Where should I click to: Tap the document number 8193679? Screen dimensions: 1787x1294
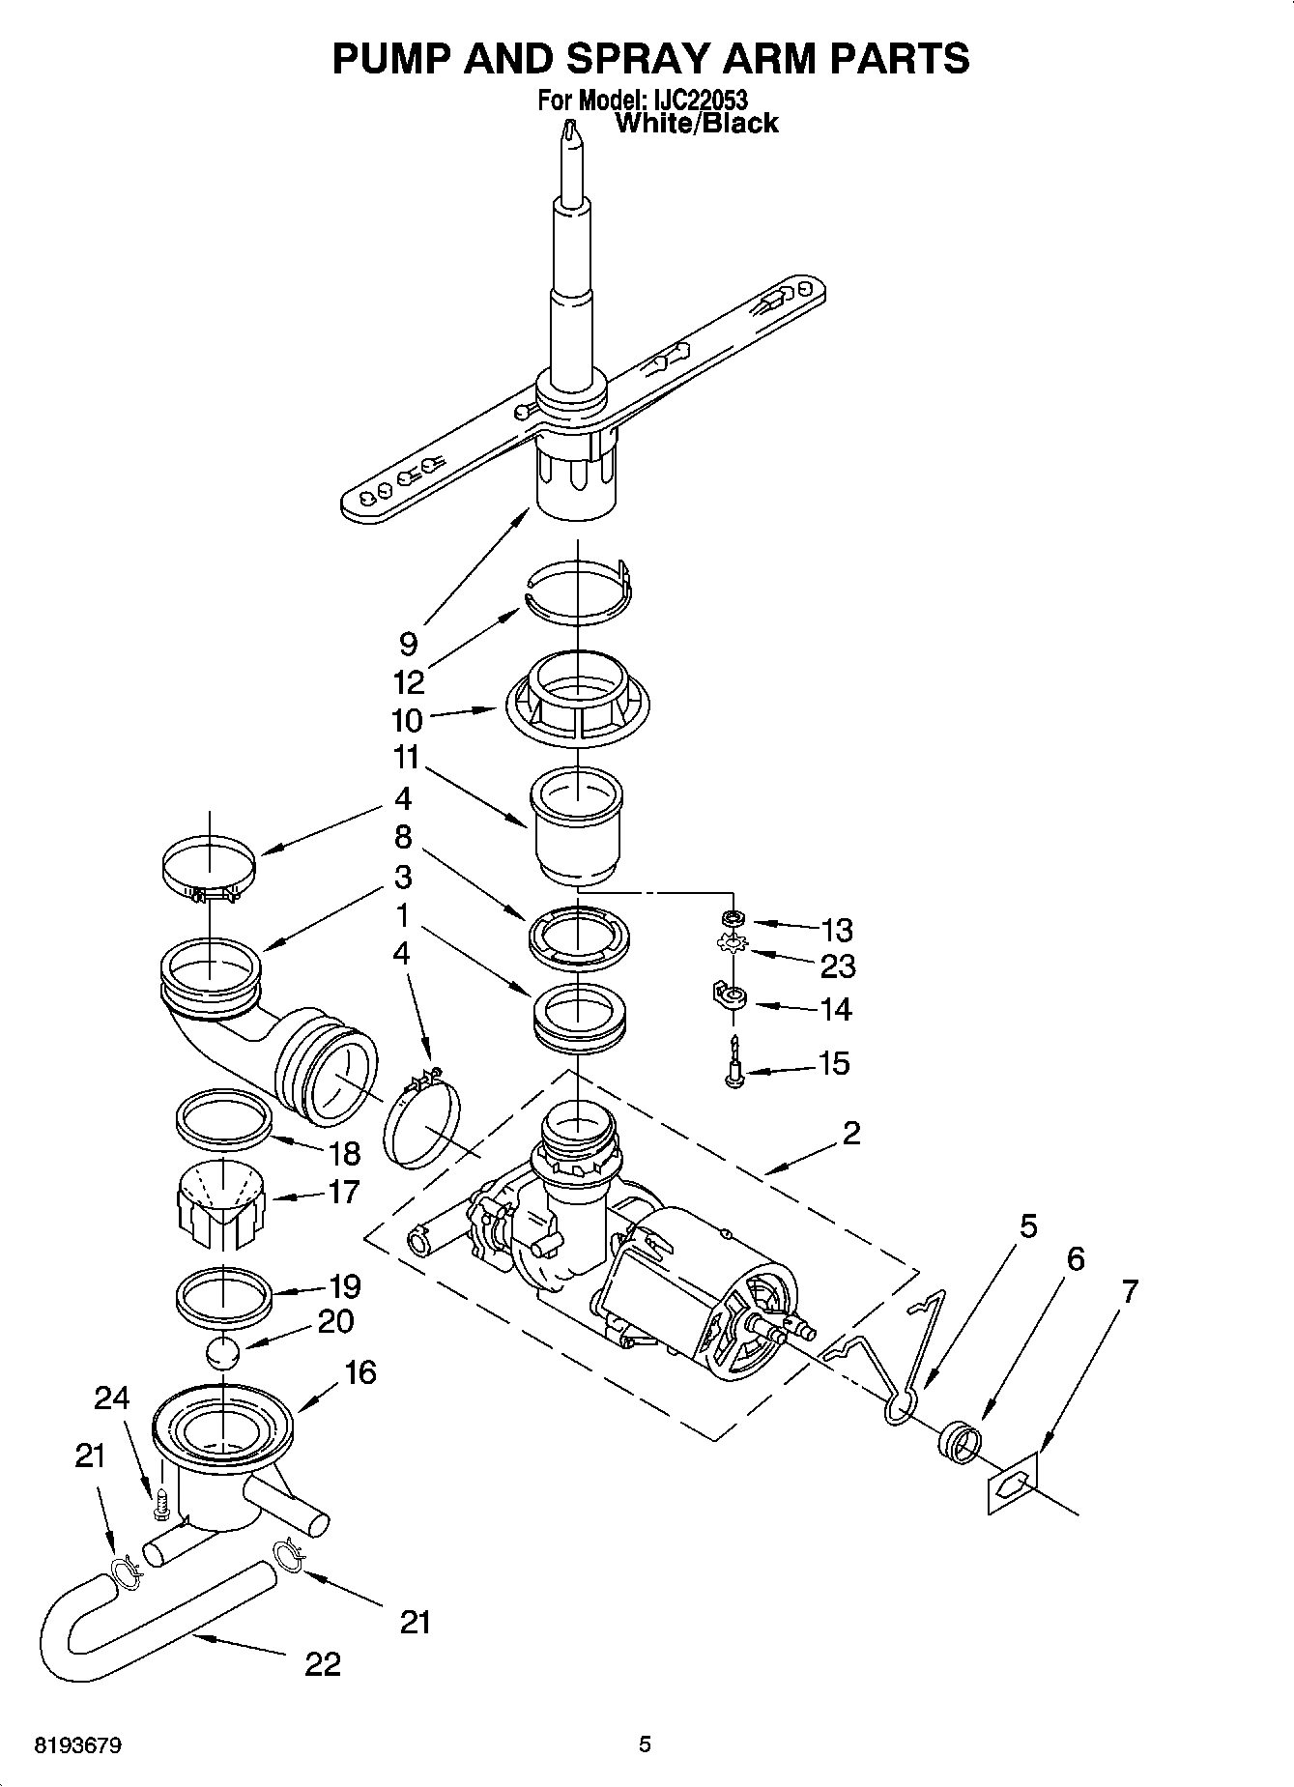point(78,1745)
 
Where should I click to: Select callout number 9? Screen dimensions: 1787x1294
point(408,644)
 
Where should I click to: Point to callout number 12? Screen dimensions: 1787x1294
point(409,682)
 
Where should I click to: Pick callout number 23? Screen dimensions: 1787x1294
point(837,966)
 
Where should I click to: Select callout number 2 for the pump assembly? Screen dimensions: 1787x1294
point(850,1133)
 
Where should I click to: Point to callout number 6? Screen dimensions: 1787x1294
point(1076,1259)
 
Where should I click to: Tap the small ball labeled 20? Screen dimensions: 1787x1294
point(223,1352)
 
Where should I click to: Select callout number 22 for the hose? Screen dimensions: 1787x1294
point(323,1664)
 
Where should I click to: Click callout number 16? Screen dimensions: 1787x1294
point(360,1372)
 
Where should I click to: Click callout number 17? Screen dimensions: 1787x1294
point(343,1192)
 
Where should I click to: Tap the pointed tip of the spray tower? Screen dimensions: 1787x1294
point(571,132)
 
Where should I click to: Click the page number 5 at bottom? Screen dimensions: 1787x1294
point(645,1744)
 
